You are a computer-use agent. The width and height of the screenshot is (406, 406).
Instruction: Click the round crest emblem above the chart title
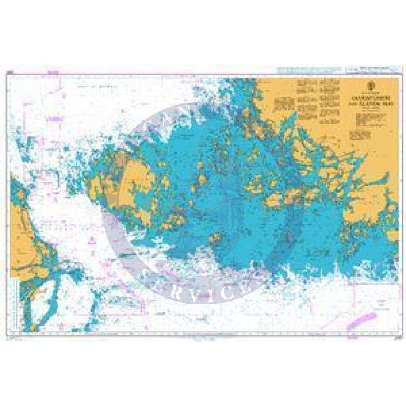(x=371, y=84)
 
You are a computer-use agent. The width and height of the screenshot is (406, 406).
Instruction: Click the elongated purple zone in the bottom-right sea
(x=362, y=320)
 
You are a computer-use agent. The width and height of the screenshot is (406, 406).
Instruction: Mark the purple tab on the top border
(x=51, y=73)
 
